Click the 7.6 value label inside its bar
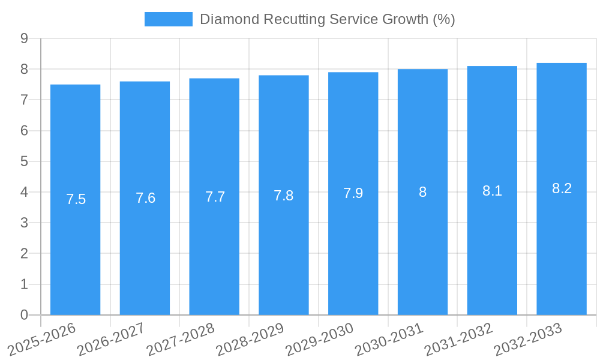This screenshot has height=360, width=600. pos(145,198)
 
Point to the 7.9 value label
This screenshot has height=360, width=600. pos(353,193)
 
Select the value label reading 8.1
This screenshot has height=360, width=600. pos(492,191)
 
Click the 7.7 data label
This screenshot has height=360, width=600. pos(215,196)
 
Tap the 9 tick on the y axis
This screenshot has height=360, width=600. pos(24,38)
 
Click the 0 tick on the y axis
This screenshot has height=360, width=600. pos(24,315)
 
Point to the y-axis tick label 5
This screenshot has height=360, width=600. pos(24,161)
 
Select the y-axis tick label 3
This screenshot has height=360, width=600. pos(24,223)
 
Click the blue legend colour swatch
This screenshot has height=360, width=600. pos(168,19)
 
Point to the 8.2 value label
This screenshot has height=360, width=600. pos(562,188)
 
